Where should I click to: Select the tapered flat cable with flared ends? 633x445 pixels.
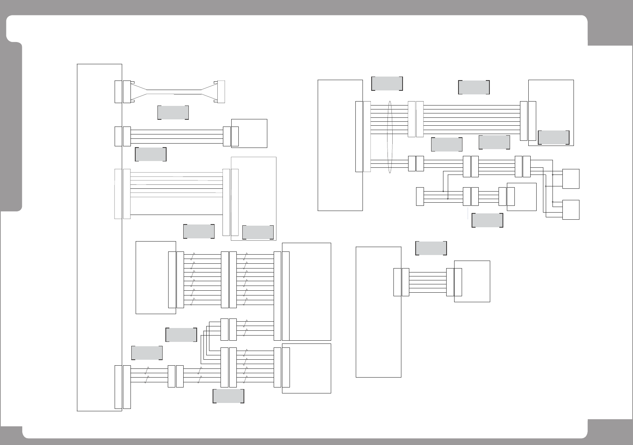tap(175, 92)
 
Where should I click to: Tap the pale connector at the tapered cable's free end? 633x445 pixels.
tap(221, 92)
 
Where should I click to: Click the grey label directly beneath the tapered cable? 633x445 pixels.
tap(173, 113)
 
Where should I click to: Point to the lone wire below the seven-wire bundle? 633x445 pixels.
tap(176, 215)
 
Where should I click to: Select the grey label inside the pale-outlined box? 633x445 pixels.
tap(258, 232)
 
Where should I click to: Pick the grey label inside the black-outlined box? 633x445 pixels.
tap(554, 137)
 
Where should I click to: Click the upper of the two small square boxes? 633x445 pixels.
tap(571, 179)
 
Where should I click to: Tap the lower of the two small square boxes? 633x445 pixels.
tap(571, 210)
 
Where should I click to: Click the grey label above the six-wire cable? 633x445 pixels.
tap(431, 248)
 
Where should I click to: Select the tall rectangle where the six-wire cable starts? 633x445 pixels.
tap(378, 312)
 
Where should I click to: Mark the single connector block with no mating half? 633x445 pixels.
tap(420, 197)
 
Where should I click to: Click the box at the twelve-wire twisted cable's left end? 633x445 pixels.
tap(155, 277)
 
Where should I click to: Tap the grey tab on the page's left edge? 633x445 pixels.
tap(11, 127)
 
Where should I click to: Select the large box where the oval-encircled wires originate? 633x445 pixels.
tap(340, 145)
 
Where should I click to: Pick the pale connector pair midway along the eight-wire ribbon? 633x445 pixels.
tap(416, 119)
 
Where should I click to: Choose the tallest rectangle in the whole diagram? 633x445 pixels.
tap(99, 237)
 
